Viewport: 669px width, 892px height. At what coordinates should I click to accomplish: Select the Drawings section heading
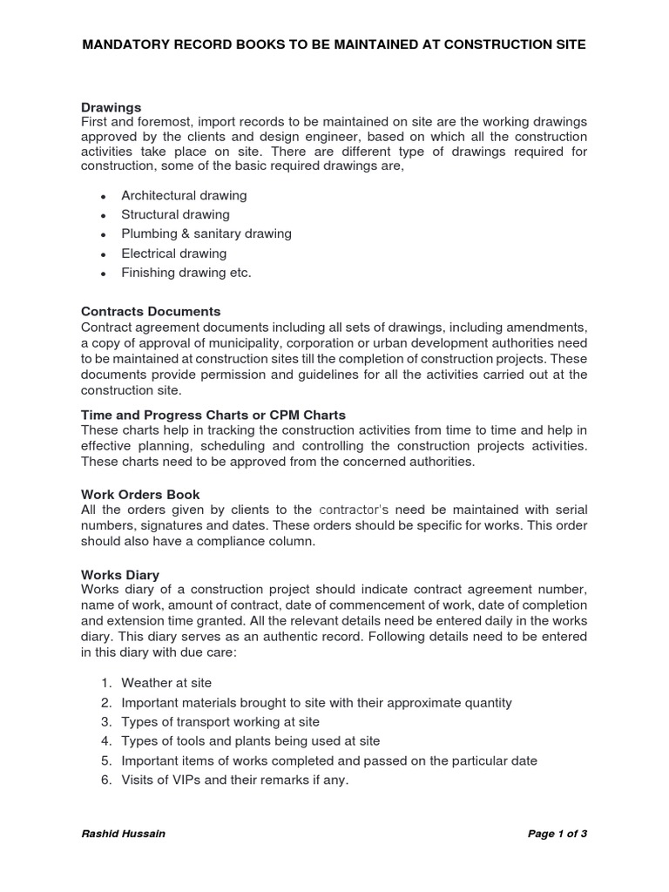pos(111,107)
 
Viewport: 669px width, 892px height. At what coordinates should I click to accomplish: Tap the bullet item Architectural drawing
pos(184,195)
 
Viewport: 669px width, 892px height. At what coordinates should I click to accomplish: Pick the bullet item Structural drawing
pos(175,214)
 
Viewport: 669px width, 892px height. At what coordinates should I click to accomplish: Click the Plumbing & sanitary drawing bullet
pos(206,233)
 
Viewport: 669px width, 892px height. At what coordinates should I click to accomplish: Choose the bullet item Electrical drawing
pos(173,253)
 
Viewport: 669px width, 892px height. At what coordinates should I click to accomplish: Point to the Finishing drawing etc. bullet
pos(186,273)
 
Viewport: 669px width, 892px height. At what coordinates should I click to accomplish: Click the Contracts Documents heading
pos(151,311)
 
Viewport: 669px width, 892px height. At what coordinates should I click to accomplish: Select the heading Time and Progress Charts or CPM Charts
pos(213,415)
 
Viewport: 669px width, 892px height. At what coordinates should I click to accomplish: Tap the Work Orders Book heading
pos(140,494)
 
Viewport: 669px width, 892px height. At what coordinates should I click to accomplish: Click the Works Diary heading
pos(120,574)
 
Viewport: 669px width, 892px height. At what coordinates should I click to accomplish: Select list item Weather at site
pos(166,683)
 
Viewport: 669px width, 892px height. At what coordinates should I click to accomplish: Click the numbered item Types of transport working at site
pos(220,722)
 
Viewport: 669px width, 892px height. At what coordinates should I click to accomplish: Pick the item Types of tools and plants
pos(251,741)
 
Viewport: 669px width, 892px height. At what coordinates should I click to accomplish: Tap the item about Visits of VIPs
pos(234,780)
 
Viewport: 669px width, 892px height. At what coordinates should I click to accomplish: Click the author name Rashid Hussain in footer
pos(123,834)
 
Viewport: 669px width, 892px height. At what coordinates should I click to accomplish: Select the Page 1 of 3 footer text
pos(557,834)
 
